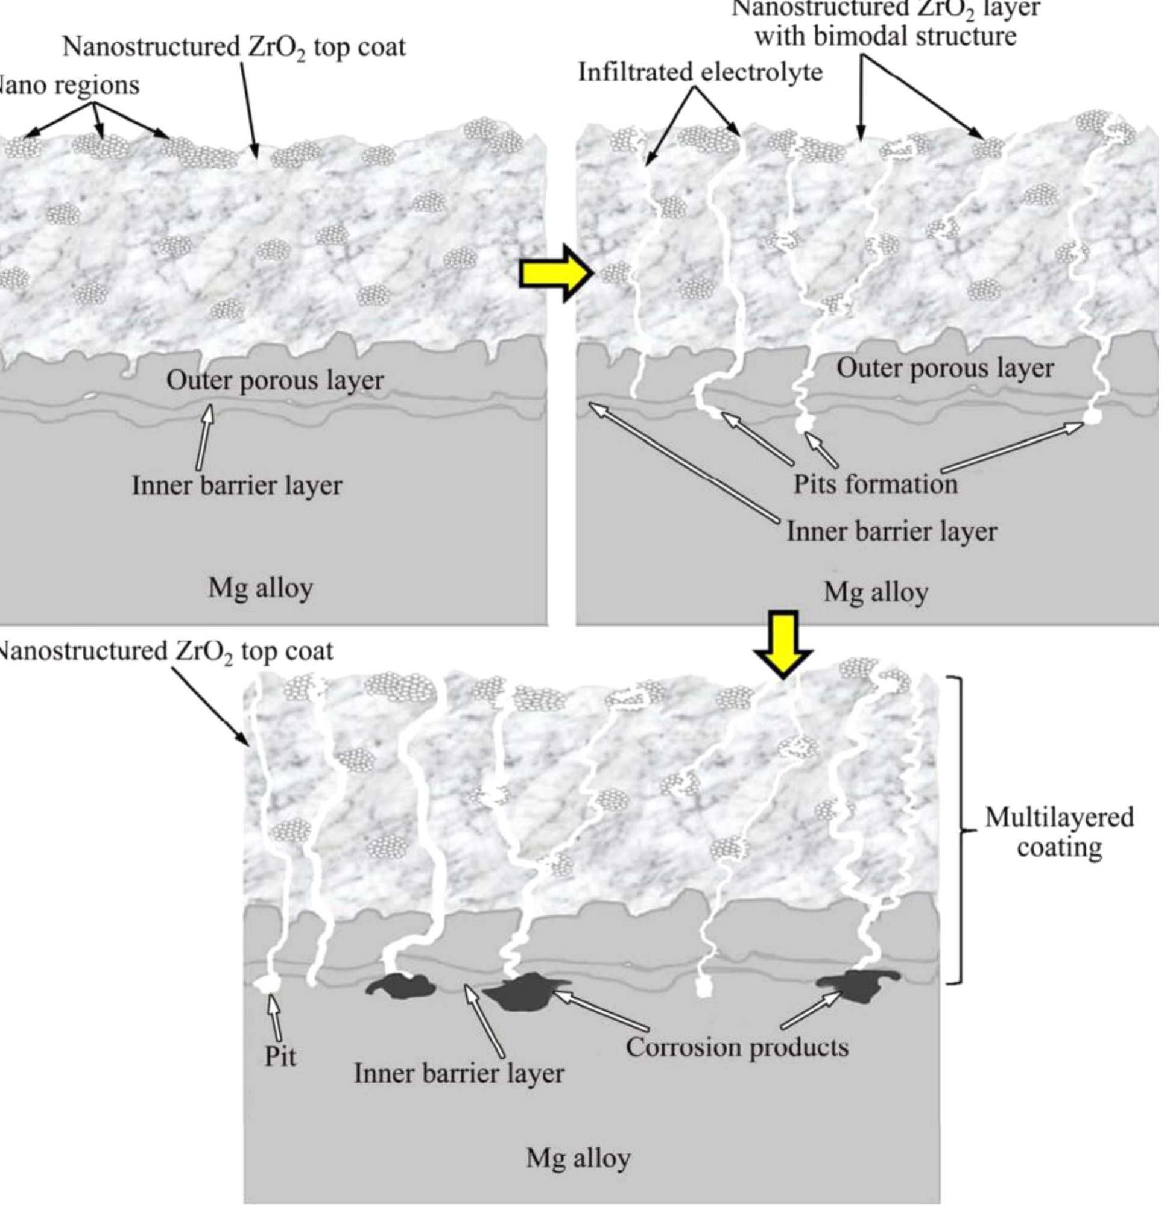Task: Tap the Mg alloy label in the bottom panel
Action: click(x=578, y=1158)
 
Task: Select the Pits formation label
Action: click(x=875, y=483)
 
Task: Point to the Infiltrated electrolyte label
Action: click(x=700, y=72)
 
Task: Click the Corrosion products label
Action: click(x=737, y=1047)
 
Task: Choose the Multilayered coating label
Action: click(x=1059, y=832)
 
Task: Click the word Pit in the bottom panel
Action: click(x=280, y=1056)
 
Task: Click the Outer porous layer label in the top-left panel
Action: click(x=275, y=380)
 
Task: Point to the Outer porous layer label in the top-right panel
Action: click(x=944, y=368)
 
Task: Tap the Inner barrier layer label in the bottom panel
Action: click(x=458, y=1074)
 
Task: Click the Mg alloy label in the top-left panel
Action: click(x=260, y=588)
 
